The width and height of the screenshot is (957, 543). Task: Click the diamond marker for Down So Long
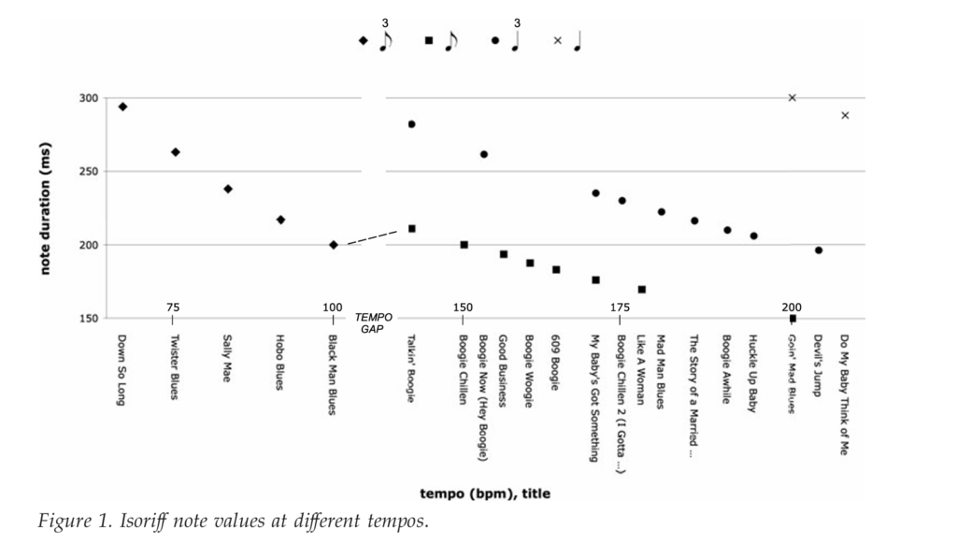point(122,107)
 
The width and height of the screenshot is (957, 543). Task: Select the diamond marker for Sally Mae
point(228,189)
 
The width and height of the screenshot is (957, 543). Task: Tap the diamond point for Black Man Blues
point(334,245)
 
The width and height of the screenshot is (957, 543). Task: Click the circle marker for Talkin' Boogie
point(411,124)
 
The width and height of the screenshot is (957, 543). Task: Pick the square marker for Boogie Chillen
point(464,245)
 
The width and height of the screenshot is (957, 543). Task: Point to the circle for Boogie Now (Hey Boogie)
point(484,154)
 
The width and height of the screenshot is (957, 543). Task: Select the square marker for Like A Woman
point(641,290)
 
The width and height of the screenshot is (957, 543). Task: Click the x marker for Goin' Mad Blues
point(793,97)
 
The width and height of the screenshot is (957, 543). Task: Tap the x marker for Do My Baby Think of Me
point(845,115)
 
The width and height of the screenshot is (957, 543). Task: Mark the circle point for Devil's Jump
point(819,250)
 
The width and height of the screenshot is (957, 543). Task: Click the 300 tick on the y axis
point(88,98)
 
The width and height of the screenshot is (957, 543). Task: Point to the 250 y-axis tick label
point(88,172)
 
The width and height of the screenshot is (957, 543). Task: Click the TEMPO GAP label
point(374,322)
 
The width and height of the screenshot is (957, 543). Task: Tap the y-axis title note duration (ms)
point(44,207)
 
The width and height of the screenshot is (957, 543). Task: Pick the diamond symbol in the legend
point(363,40)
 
